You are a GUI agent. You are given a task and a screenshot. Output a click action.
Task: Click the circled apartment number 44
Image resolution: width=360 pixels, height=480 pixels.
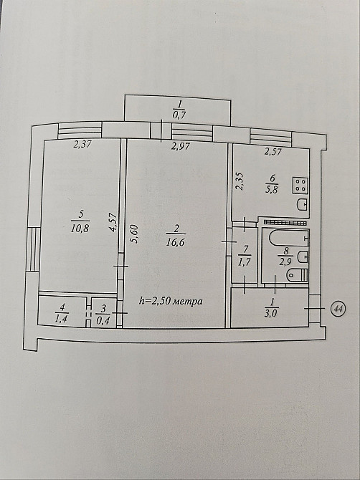pos(338,309)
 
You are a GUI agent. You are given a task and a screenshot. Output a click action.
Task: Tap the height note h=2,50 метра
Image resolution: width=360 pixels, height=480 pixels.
pos(171,301)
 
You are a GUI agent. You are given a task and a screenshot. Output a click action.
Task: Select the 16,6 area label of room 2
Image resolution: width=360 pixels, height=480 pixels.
pos(176,243)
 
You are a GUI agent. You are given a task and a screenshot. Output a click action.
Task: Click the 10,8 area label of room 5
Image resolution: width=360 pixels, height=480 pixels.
pos(80,228)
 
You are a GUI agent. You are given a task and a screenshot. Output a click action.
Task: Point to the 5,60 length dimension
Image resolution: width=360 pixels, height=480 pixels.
pos(135,234)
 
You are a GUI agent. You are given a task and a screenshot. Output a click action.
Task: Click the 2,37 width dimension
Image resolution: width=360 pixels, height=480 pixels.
pos(82,144)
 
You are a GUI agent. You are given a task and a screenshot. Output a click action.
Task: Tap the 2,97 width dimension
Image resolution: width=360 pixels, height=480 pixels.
pos(181,146)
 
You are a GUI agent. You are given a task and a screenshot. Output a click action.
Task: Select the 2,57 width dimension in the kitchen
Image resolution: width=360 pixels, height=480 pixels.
pos(273,151)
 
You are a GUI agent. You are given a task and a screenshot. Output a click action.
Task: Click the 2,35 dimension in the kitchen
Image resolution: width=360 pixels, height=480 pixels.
pos(240,182)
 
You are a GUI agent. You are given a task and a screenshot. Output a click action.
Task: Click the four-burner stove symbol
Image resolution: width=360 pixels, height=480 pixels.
pos(300,186)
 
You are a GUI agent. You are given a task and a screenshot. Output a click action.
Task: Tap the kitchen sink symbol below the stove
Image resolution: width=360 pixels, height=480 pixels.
pos(303,204)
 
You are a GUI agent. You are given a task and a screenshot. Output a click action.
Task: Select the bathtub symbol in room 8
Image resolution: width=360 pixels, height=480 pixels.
pos(289,238)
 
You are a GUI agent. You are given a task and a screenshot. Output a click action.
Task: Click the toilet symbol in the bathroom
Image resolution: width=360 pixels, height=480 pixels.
pos(297,274)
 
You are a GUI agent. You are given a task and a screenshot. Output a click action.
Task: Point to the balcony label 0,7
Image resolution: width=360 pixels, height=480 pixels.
pos(179,115)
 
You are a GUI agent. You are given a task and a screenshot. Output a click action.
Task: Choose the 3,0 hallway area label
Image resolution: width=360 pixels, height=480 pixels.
pos(272,313)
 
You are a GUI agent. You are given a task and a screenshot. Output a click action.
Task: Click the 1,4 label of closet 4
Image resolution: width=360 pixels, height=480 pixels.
pos(62,318)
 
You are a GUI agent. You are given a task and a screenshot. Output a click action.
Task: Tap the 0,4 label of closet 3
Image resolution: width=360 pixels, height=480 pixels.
pos(103,320)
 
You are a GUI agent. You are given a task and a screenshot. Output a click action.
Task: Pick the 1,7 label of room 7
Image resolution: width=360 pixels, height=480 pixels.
pos(245,262)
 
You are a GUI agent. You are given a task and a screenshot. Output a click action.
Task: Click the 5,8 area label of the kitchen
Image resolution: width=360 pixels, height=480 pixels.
pos(272,190)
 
